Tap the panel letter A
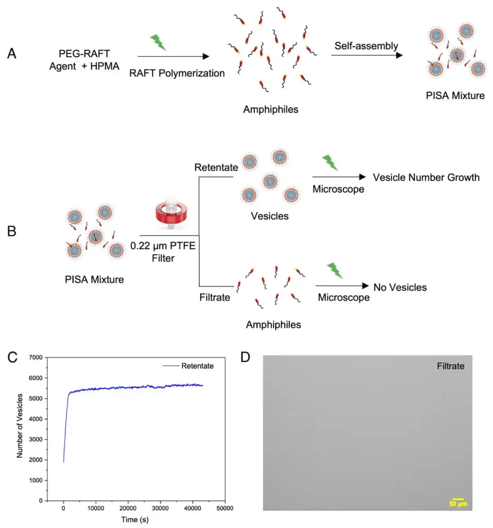pyautogui.click(x=11, y=54)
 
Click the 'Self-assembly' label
pyautogui.click(x=366, y=46)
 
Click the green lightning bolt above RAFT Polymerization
pyautogui.click(x=158, y=42)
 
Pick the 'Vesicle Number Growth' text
pyautogui.click(x=426, y=177)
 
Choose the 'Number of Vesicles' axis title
pyautogui.click(x=20, y=426)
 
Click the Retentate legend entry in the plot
pyautogui.click(x=197, y=366)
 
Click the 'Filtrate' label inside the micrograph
pyautogui.click(x=451, y=367)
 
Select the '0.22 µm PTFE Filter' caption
pyautogui.click(x=162, y=251)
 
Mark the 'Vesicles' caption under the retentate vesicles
pyautogui.click(x=270, y=216)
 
